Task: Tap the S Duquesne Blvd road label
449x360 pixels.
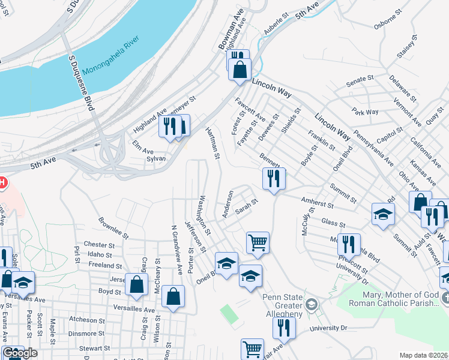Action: tap(82, 82)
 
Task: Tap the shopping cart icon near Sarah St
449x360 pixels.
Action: tap(257, 242)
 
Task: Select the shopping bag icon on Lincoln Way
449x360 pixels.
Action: tap(240, 69)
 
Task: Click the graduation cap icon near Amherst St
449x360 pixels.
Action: tap(382, 214)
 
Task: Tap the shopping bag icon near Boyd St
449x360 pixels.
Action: tap(136, 284)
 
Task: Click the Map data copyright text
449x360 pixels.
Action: tap(424, 355)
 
